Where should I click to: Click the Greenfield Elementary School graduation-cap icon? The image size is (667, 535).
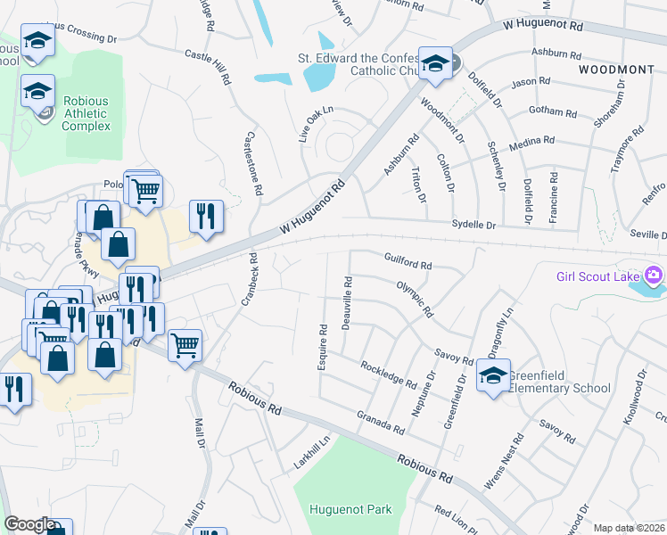(x=492, y=374)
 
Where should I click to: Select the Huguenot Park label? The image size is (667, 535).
(x=350, y=510)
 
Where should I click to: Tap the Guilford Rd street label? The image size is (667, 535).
(x=408, y=265)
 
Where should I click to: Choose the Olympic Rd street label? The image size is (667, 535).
(x=415, y=299)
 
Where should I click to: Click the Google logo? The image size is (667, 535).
(x=29, y=524)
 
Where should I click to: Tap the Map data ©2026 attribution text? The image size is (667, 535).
(x=629, y=528)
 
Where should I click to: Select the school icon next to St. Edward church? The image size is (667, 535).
(x=435, y=63)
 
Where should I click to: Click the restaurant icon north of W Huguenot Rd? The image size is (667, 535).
(x=206, y=216)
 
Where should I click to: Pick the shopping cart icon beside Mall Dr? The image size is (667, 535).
(x=185, y=343)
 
